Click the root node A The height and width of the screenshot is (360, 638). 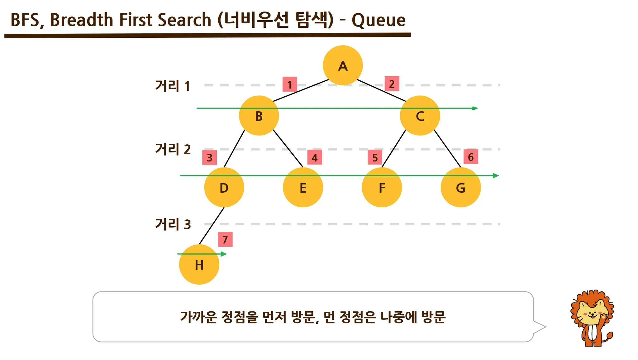343,65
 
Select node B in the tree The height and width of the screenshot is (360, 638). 259,116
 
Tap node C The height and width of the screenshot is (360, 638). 420,116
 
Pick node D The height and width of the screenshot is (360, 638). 224,188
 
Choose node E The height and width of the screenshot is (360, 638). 303,188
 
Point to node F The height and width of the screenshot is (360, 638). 382,188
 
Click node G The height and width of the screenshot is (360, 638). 460,188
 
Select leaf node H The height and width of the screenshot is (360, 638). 199,265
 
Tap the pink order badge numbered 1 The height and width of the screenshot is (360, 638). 290,84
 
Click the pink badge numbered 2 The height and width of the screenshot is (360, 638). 392,84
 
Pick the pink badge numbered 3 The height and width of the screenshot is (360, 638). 210,157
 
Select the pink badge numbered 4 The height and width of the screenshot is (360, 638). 315,157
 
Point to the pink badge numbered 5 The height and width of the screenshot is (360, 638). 375,157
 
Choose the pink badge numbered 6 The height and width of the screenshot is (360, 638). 471,157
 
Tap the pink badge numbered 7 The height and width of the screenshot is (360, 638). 225,239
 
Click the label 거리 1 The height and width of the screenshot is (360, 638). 173,86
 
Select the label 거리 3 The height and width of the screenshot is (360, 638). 173,224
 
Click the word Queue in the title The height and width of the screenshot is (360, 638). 379,20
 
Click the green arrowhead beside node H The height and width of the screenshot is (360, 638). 224,254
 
